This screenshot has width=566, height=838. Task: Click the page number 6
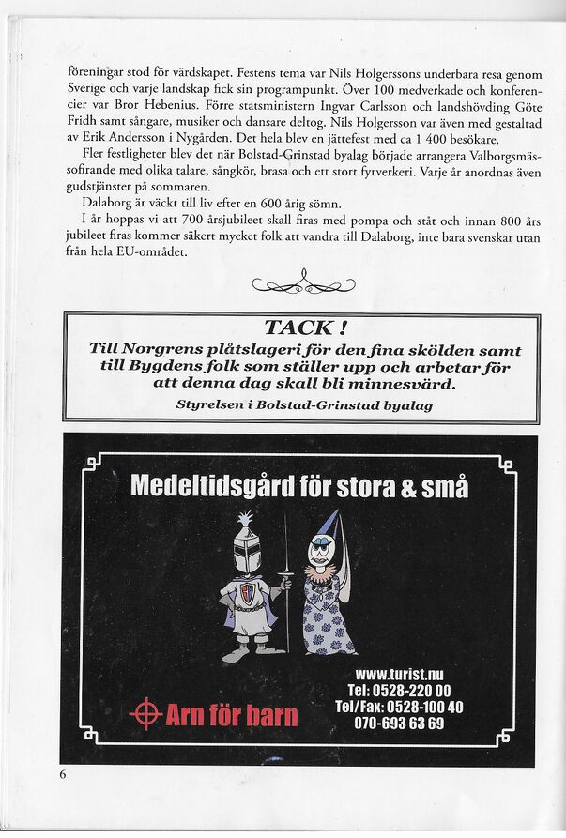coord(63,774)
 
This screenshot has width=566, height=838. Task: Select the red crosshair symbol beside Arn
coord(145,714)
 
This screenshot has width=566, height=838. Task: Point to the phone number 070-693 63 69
coord(399,724)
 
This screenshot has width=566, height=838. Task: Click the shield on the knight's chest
coord(247,591)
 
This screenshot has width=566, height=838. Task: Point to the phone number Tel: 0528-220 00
coord(398,691)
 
